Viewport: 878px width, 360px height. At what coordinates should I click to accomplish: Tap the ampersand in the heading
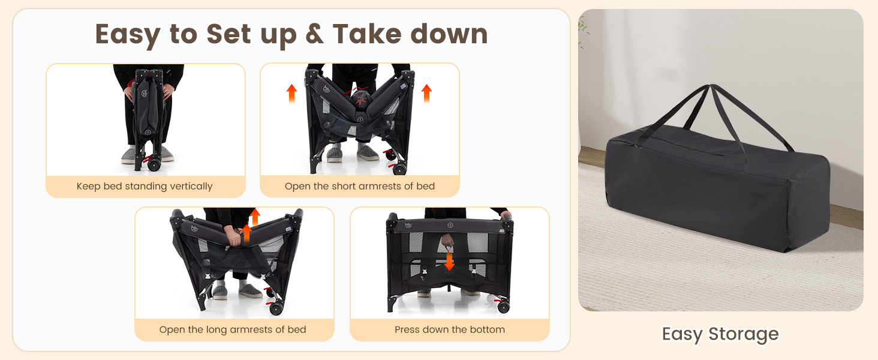pos(314,34)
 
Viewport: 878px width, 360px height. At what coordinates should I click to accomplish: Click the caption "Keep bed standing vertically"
pos(145,186)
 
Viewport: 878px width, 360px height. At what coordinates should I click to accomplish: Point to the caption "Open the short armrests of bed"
pos(360,186)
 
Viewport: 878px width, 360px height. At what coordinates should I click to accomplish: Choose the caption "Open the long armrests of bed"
pos(233,329)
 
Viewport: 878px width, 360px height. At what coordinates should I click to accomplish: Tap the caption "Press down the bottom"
pos(450,329)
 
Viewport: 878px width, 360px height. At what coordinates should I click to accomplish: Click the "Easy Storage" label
pos(720,334)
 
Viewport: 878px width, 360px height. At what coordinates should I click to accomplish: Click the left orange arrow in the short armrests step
pos(291,93)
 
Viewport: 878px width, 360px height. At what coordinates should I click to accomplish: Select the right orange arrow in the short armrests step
pos(426,93)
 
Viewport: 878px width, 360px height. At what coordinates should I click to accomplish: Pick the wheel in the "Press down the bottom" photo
pos(503,307)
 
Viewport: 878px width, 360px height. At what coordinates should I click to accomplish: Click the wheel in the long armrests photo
pos(276,309)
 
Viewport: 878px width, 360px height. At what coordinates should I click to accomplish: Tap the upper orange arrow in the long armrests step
pos(254,217)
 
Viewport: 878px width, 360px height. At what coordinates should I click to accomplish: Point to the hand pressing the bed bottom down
pos(447,241)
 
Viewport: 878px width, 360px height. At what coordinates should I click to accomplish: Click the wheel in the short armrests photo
pos(399,169)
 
